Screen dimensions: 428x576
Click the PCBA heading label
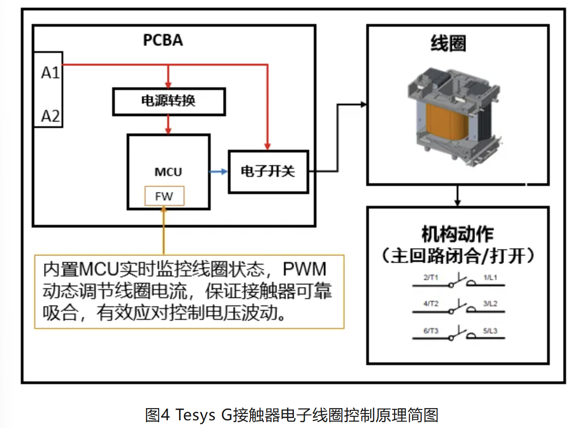(x=163, y=40)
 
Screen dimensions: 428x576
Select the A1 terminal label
(x=50, y=72)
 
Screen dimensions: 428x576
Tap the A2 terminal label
(x=50, y=116)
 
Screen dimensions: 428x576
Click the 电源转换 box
(x=168, y=101)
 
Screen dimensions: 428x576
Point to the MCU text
(x=168, y=172)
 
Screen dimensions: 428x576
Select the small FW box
(x=164, y=196)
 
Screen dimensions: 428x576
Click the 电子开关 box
(x=268, y=171)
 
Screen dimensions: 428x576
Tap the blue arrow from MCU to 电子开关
(x=219, y=171)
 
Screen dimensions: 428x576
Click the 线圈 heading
(x=448, y=44)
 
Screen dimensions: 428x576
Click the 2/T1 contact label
(x=430, y=277)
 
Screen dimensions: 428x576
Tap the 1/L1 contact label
(x=490, y=277)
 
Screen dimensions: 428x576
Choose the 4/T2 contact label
(x=430, y=304)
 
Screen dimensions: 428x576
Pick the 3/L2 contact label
(x=490, y=304)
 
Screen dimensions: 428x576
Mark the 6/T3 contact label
(x=430, y=331)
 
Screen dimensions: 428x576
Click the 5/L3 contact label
(x=490, y=331)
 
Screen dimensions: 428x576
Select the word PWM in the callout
(x=304, y=269)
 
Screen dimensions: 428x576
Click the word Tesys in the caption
(x=194, y=414)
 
